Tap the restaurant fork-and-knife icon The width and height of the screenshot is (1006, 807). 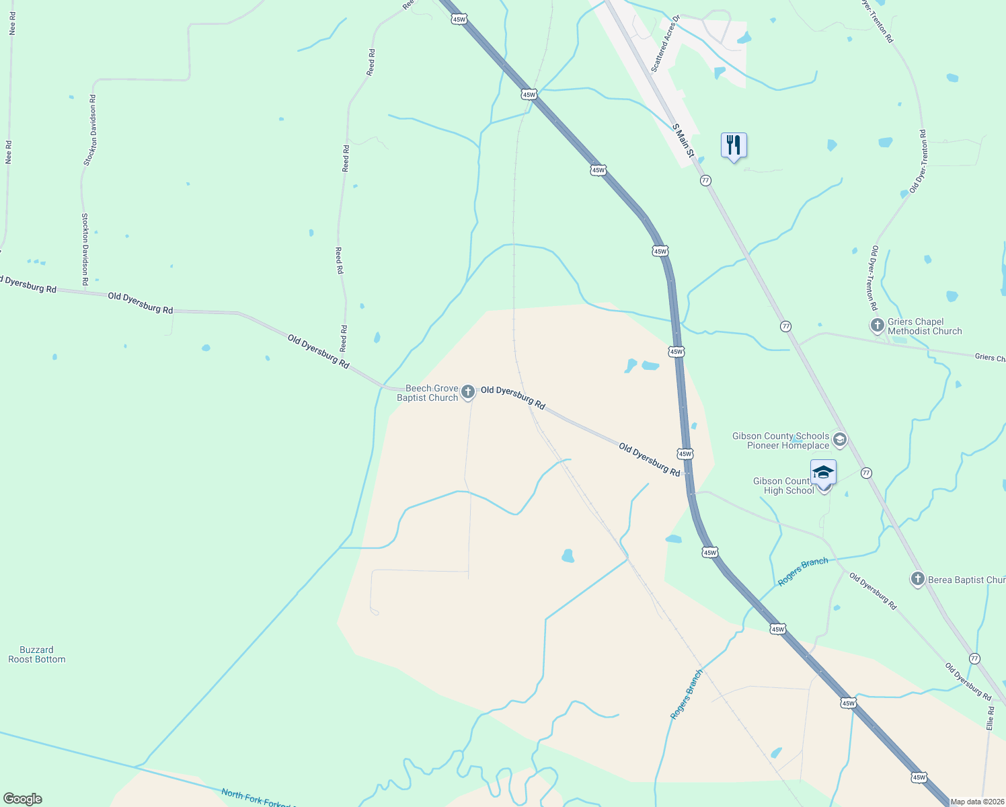[x=734, y=145]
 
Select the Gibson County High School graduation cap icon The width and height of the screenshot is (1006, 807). [x=823, y=472]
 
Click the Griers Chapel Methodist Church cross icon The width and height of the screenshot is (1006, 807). [x=877, y=325]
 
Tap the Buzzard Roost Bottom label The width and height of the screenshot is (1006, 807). [x=37, y=654]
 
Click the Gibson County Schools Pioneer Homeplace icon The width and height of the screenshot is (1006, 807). [x=839, y=440]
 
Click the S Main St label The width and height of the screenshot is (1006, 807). [x=683, y=140]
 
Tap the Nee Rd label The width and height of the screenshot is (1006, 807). [x=9, y=152]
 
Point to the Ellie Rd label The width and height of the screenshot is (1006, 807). [x=990, y=718]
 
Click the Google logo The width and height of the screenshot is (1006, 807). [x=23, y=799]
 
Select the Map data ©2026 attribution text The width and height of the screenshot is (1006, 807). [x=977, y=802]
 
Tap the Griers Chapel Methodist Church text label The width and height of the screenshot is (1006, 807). [x=925, y=326]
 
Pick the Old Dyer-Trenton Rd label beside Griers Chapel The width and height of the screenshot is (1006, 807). [x=873, y=278]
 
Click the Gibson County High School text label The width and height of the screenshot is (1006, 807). [x=783, y=486]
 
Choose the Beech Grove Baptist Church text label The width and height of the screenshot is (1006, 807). [x=428, y=393]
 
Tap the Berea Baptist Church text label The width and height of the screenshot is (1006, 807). [x=966, y=580]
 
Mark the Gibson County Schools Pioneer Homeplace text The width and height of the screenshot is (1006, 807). [x=781, y=440]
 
